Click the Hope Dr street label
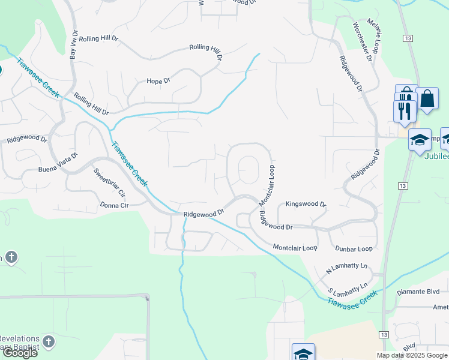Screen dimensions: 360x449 point(159,80)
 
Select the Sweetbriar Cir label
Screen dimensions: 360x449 point(109,183)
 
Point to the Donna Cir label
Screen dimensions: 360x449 point(116,205)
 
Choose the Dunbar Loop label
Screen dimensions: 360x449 point(354,248)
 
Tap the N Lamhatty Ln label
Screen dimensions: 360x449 point(346,267)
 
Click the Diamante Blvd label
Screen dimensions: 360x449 point(419,293)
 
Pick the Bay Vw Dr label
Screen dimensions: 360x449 point(74,45)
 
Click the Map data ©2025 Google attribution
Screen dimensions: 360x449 point(411,355)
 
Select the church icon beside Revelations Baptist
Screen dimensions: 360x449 point(49,342)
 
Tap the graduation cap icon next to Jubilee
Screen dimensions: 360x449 point(420,140)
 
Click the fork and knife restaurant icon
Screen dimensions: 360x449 point(404,110)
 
